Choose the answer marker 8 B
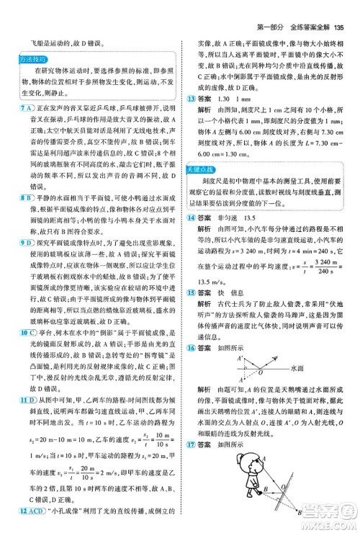click(x=27, y=195)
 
